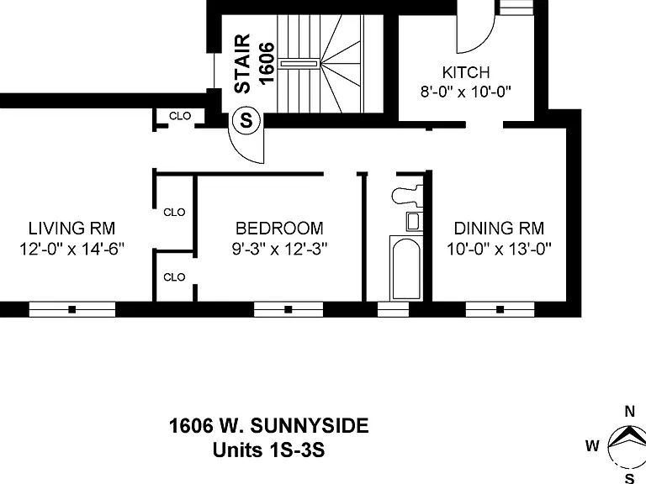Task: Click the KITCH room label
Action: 465,72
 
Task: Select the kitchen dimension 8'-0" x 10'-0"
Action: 465,92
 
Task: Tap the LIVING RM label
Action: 71,229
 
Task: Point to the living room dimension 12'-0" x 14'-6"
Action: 71,249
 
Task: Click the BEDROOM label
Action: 279,229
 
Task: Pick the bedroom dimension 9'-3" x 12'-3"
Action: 279,249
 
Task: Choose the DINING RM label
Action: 499,229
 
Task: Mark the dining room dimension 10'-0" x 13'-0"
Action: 499,249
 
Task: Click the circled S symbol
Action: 246,121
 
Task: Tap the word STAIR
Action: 242,63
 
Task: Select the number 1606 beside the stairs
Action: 266,63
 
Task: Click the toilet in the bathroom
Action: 407,196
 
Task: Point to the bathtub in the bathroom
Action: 405,268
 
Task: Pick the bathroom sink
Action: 414,222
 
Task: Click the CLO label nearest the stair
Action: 180,116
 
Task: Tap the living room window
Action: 72,309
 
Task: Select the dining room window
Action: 500,309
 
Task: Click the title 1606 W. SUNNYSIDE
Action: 268,426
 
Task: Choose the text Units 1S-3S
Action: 268,450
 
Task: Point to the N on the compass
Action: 629,412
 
